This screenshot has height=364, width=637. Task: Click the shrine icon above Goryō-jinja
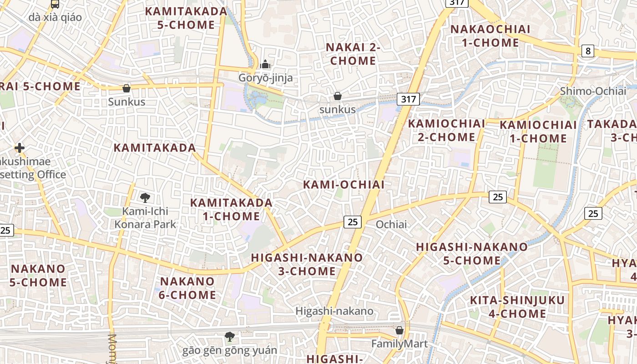[x=265, y=65]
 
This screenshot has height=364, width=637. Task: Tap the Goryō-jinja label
[x=266, y=78]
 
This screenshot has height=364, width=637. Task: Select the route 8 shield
[x=588, y=51]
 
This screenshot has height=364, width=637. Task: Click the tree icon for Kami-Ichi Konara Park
[x=145, y=197]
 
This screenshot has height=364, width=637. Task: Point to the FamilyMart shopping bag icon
[x=399, y=330]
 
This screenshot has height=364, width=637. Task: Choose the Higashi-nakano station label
[x=334, y=311]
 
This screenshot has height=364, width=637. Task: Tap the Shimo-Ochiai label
[x=593, y=91]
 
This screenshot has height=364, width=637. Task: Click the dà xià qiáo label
[x=55, y=17]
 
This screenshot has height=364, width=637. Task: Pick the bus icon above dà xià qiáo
[x=55, y=4]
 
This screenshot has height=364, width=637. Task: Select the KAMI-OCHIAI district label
[x=344, y=184]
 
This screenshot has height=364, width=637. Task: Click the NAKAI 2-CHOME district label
[x=353, y=54]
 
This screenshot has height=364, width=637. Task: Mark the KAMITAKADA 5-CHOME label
[x=186, y=18]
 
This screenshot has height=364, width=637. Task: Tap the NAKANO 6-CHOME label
[x=187, y=288]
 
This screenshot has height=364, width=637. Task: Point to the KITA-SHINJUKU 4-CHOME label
[x=517, y=307]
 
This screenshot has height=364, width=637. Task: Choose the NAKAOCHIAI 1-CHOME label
[x=490, y=36]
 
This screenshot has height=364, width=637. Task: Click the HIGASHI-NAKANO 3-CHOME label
[x=307, y=264]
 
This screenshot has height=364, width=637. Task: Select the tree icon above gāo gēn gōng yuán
[x=230, y=337]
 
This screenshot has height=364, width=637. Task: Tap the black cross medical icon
[x=19, y=148]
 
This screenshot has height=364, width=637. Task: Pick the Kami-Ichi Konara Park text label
[x=145, y=217]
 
